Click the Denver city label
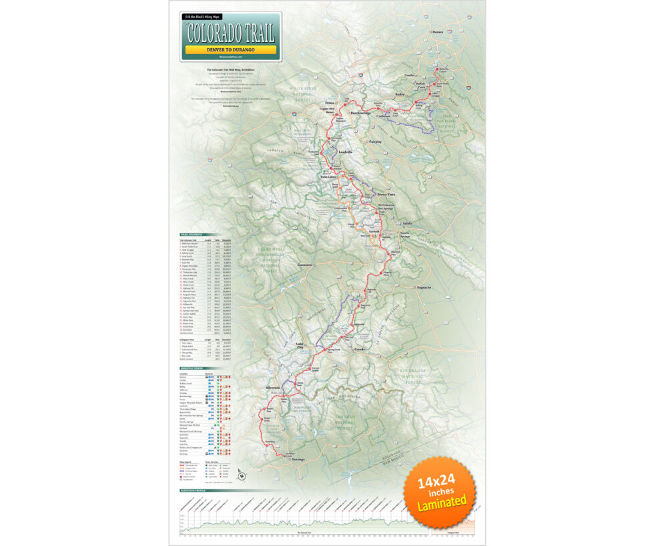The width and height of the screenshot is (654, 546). (x=438, y=31)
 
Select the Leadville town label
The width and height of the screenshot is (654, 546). (x=345, y=152)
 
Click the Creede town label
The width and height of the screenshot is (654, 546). (x=360, y=349)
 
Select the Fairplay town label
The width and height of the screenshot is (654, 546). (x=377, y=141)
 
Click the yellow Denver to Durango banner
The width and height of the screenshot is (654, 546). (x=230, y=49)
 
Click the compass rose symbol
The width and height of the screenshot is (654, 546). (x=242, y=476)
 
